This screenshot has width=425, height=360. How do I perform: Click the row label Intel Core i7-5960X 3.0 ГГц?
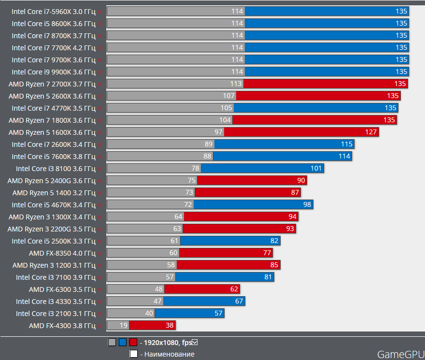(54, 11)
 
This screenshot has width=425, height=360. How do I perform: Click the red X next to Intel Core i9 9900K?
(99, 72)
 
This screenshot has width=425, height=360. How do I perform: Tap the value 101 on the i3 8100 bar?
(316, 168)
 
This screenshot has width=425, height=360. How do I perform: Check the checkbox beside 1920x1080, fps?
(195, 343)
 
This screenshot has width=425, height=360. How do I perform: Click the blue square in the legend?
(123, 343)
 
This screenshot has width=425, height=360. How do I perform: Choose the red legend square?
(133, 343)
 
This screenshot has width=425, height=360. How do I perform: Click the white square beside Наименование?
(134, 354)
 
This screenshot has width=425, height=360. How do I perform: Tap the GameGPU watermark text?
(400, 354)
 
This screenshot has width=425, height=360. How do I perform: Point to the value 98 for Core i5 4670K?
(307, 204)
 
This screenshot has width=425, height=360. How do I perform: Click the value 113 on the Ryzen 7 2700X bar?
(236, 84)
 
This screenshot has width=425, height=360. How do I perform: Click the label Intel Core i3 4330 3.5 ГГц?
(56, 301)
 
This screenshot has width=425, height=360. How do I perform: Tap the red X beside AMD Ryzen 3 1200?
(99, 265)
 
